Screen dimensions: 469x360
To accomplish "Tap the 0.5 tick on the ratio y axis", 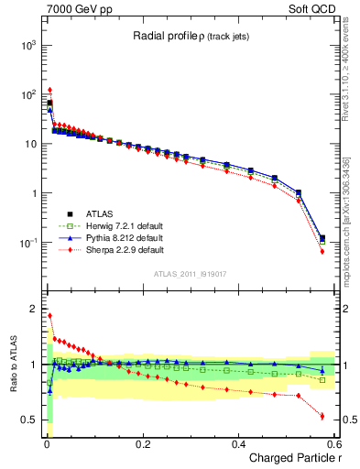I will pyautogui.click(x=28, y=420).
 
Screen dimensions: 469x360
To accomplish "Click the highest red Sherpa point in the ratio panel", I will pyautogui.click(x=49, y=316).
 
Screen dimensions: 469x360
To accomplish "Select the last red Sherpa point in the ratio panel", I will pyautogui.click(x=322, y=416).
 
